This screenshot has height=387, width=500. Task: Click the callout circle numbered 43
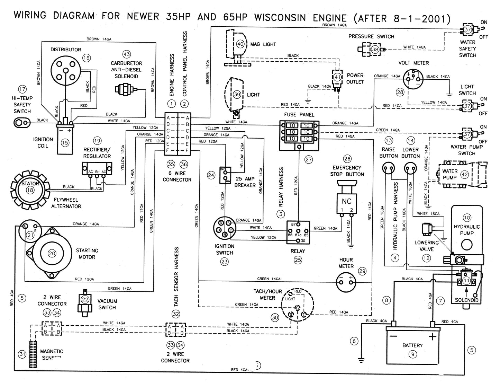point(127,54)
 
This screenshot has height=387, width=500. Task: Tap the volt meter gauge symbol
point(414,78)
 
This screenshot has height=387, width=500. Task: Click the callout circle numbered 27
point(308,160)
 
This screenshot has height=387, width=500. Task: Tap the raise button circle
point(388,169)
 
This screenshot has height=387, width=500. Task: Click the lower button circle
point(410,169)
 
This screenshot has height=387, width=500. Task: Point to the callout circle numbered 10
point(467,218)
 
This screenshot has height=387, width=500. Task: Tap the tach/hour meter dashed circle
point(297,305)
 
